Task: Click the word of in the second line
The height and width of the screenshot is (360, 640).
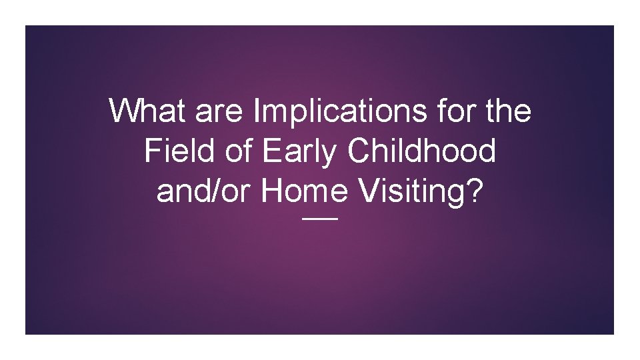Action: [x=234, y=151]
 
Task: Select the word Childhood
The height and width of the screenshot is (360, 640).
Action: [x=422, y=151]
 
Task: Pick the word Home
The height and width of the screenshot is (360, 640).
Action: [x=305, y=192]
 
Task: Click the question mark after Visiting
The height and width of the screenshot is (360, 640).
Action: [x=474, y=192]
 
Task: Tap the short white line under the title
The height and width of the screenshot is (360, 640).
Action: [x=320, y=219]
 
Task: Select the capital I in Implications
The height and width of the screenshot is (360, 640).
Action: [x=257, y=111]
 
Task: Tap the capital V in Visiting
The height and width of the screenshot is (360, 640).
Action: [x=367, y=192]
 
